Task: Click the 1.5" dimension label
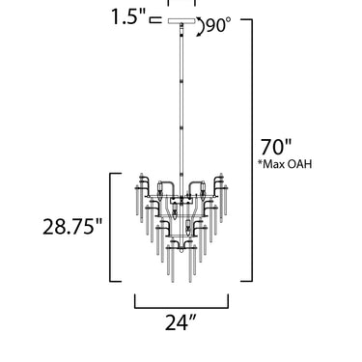128,16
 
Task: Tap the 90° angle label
218,25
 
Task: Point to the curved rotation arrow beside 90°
201,26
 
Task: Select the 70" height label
276,147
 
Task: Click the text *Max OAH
285,164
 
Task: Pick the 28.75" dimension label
72,226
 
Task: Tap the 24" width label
181,322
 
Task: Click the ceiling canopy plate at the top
181,21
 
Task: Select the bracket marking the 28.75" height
110,228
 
